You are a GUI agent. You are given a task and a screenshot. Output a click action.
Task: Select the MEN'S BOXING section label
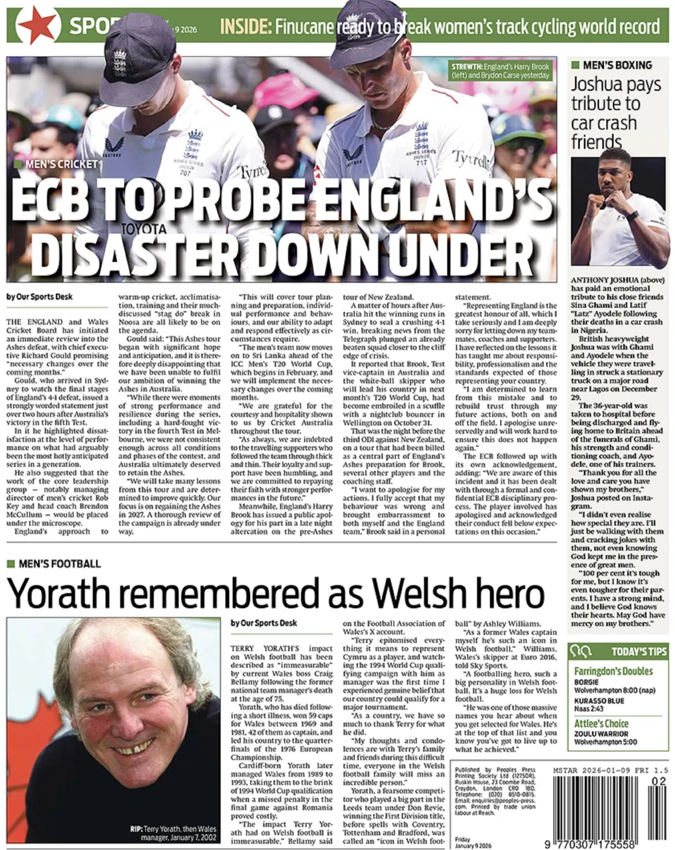pyautogui.click(x=617, y=65)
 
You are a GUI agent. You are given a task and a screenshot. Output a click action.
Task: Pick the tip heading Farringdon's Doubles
pyautogui.click(x=613, y=671)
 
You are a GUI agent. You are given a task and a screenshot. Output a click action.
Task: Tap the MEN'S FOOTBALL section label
pyautogui.click(x=60, y=564)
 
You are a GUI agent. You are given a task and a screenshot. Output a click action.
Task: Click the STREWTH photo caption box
pyautogui.click(x=501, y=71)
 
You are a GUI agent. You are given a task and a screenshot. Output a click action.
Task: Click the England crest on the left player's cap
pyautogui.click(x=120, y=62)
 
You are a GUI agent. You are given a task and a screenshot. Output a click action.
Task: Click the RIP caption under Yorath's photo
pyautogui.click(x=172, y=833)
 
